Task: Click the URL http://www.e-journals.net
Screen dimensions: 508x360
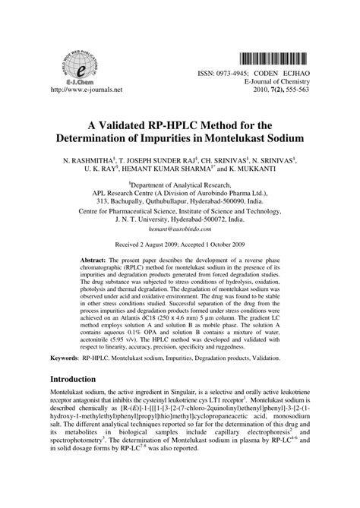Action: pos(85,90)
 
